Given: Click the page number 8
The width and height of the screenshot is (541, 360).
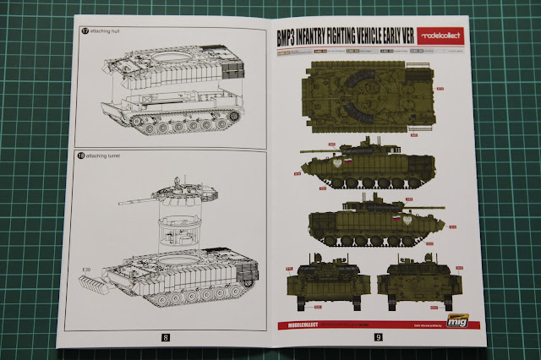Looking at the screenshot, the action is click(x=166, y=337).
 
